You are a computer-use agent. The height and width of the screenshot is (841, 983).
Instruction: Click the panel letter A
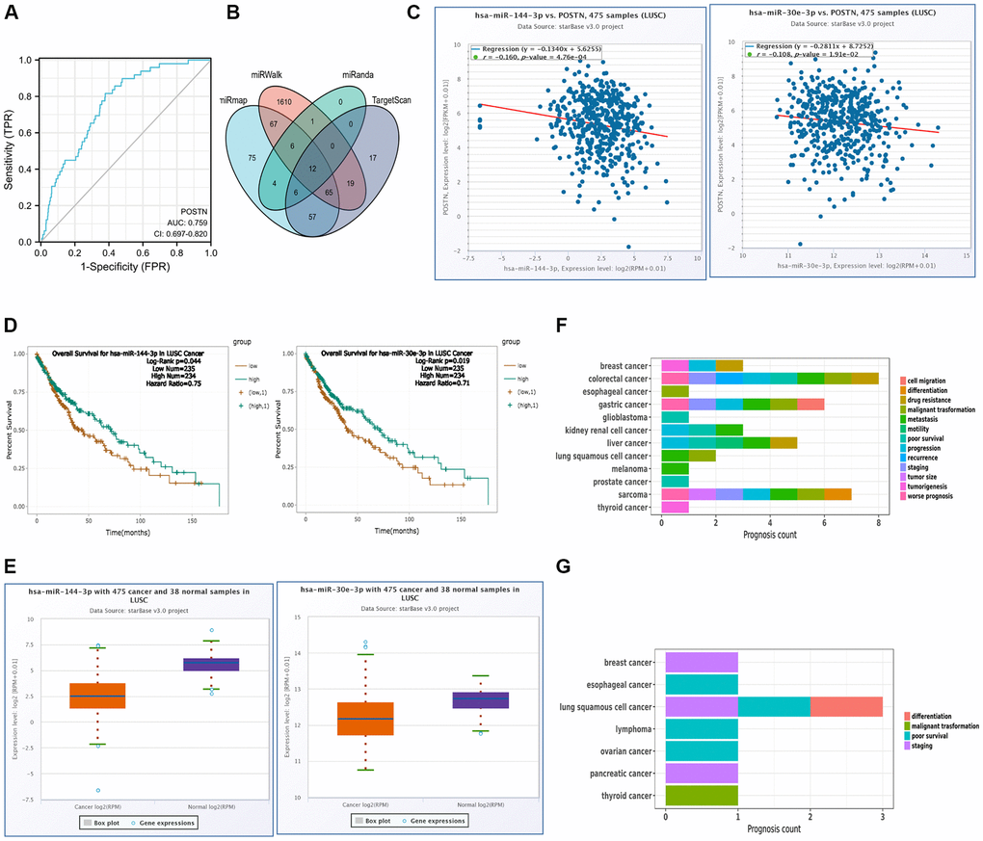pos(15,13)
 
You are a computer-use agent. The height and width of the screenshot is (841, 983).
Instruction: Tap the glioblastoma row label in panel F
pos(620,417)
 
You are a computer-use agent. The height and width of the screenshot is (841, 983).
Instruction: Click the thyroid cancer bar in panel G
pos(702,796)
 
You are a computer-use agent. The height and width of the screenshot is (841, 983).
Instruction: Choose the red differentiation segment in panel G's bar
pos(846,706)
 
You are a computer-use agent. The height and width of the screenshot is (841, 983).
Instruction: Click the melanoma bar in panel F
pos(675,468)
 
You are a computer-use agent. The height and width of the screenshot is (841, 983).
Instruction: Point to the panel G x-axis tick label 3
pos(883,816)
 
